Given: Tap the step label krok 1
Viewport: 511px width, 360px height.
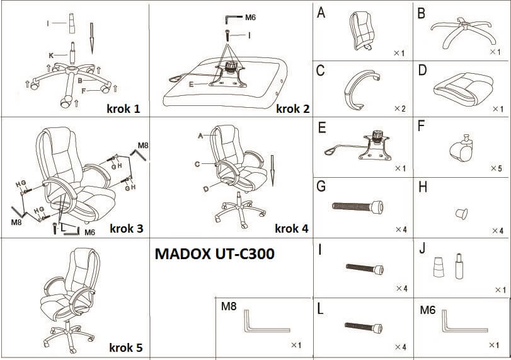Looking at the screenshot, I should point(123,108).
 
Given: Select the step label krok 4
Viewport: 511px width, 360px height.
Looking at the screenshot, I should point(292,228).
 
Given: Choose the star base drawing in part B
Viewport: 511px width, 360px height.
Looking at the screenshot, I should point(462,32).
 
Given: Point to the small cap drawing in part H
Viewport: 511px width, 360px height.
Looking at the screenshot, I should point(462,212).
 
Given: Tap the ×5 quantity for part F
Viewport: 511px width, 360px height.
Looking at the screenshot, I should point(495,169).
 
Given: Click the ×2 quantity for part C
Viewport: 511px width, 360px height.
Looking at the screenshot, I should point(399,109).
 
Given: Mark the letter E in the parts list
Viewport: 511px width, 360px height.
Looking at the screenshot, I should point(322,128).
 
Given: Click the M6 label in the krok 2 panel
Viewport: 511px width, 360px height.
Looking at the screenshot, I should point(251,17).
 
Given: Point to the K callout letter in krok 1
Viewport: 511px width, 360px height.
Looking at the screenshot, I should point(50,55).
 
